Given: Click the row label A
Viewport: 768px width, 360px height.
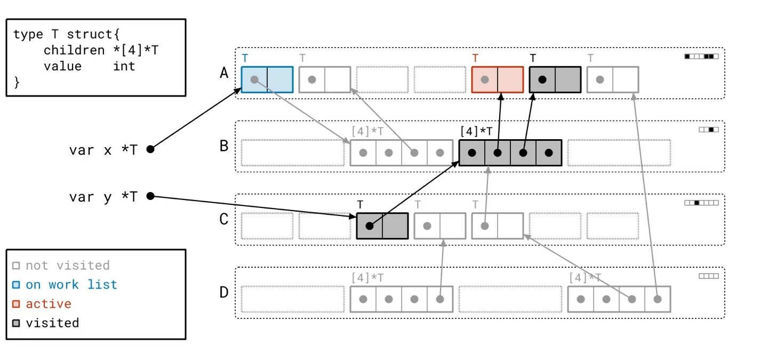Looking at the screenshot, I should tap(224, 73).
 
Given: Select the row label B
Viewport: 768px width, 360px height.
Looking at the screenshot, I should tap(224, 146).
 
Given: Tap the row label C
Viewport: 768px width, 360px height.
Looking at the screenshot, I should tap(224, 219).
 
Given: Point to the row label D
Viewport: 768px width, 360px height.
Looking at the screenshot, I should tap(224, 292).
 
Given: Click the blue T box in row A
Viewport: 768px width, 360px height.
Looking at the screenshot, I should tap(267, 79).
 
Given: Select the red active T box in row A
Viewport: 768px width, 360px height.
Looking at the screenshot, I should tap(498, 79).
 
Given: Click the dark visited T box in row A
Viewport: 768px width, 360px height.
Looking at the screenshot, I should tap(555, 79).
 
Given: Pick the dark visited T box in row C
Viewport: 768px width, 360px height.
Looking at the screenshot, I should tap(382, 226).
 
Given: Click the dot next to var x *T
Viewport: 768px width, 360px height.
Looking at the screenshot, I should tap(150, 149).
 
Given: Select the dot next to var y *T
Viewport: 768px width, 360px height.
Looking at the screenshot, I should tap(150, 196).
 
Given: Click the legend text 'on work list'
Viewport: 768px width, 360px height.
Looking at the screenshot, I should tap(71, 284).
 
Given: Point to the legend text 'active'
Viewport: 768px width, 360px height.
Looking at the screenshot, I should tap(49, 303).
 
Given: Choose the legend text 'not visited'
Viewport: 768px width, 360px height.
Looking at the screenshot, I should tap(68, 265).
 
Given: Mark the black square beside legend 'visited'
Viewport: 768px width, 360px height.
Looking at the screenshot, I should tap(16, 323).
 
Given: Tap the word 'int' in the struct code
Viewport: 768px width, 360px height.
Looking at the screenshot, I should tap(124, 66).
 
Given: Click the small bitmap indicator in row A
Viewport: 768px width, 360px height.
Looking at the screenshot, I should tap(701, 56).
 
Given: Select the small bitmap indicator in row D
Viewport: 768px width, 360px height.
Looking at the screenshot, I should tap(709, 276).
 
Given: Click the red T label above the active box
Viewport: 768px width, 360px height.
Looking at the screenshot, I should tap(475, 58).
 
